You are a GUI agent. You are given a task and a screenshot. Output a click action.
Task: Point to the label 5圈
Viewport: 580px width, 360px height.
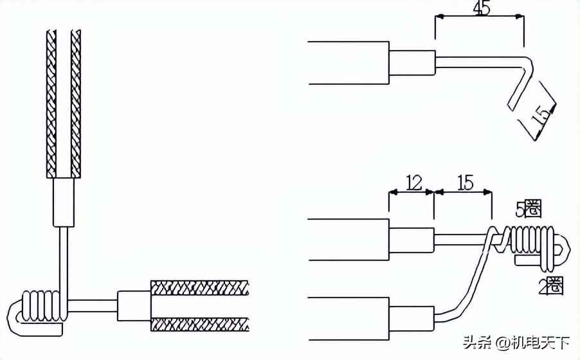pos(529,209)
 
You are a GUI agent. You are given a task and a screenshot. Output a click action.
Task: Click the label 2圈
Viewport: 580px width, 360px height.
pos(551,286)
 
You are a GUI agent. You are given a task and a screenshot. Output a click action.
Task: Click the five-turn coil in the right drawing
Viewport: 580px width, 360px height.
pos(532,242)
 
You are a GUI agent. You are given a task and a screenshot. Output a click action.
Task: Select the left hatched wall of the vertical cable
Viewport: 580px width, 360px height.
pos(51,103)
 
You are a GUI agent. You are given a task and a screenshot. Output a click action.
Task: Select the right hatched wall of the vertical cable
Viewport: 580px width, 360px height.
pos(76,103)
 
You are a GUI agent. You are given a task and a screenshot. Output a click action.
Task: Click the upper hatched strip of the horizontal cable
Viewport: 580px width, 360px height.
pos(199,287)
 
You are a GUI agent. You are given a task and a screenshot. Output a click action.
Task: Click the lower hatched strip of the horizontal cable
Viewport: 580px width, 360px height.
pos(199,324)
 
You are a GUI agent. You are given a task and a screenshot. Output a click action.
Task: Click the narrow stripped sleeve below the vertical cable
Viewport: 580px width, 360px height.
pos(63,202)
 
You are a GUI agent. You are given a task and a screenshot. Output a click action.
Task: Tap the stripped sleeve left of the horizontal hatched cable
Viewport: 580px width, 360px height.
pos(134,305)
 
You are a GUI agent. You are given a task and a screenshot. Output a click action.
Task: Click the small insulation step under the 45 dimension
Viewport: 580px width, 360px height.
pos(412,62)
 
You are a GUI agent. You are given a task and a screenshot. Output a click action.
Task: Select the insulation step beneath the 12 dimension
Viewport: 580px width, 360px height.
pos(412,240)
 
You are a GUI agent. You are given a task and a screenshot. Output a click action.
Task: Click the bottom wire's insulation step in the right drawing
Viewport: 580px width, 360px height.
pos(412,318)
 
